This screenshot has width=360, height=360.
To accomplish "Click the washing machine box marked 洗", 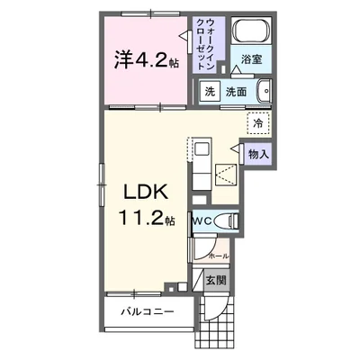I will coord(209,92).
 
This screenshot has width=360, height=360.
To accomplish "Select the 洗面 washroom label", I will coord(236,92).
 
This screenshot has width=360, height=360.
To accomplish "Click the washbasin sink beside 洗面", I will coord(264,91).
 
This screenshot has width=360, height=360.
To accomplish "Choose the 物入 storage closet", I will coord(258,154).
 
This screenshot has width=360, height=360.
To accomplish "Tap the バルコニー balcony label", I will coord(148,313).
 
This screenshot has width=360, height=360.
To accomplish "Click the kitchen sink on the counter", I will coord(201,148).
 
